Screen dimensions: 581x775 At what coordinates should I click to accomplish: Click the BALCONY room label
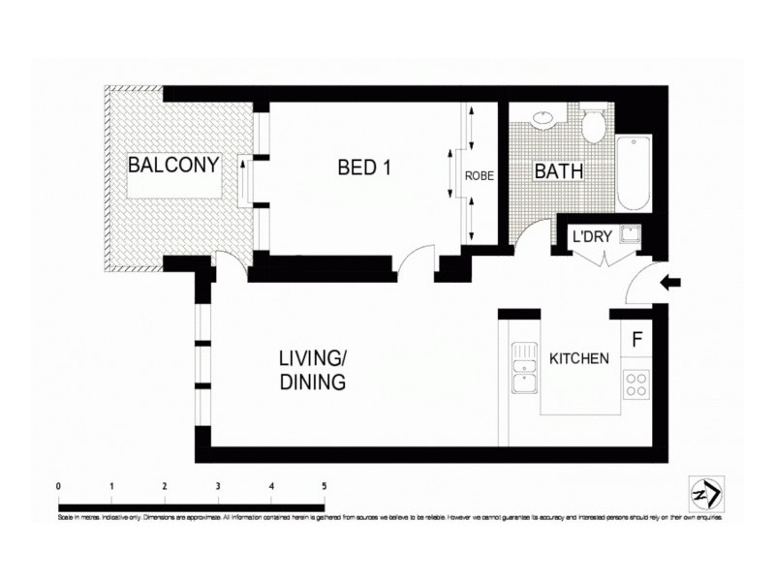tap(173, 165)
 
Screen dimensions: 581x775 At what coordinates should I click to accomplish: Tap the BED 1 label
tap(364, 168)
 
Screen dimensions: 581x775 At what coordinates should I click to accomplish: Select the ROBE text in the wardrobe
tap(480, 176)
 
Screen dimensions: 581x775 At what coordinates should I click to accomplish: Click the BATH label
tap(559, 171)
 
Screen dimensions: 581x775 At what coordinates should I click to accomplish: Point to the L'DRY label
tap(590, 235)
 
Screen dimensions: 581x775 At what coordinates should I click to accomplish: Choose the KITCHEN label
tap(579, 358)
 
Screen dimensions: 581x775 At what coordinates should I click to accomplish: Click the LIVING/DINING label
tap(313, 370)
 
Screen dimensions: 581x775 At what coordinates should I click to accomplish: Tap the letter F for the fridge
tap(636, 340)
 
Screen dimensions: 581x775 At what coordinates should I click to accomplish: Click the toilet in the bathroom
tap(594, 123)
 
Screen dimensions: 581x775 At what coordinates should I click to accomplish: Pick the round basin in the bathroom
tap(544, 118)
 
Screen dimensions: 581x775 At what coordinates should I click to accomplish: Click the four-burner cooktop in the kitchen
tap(636, 385)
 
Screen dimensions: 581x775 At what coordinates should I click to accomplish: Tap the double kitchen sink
tap(524, 370)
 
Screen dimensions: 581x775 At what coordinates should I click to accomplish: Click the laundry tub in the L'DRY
tap(630, 233)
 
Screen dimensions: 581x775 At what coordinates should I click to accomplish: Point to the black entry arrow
tap(670, 283)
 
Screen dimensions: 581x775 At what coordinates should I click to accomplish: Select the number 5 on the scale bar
tap(324, 486)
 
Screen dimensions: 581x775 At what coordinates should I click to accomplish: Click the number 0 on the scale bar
tap(59, 486)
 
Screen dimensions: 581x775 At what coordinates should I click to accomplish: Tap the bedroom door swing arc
tap(415, 259)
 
